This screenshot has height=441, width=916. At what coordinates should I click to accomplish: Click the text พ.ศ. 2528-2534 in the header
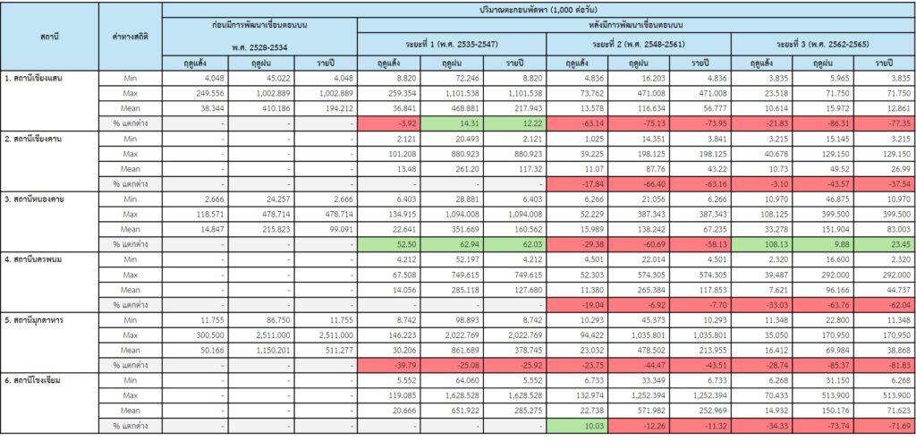pyautogui.click(x=259, y=47)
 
